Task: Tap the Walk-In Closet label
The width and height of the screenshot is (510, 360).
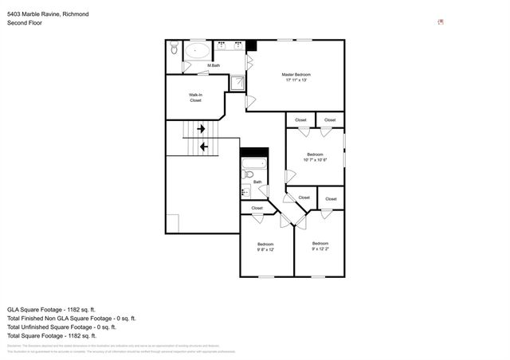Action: click(195, 98)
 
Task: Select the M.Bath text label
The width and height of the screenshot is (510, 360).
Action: click(214, 65)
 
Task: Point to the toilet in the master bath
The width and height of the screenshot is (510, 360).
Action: click(174, 50)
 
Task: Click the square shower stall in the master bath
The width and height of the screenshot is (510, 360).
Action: click(237, 82)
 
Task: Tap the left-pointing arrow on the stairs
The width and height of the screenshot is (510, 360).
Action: click(204, 147)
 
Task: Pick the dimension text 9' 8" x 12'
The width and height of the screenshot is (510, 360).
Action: click(265, 250)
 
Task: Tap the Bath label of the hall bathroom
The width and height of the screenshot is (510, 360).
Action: click(257, 182)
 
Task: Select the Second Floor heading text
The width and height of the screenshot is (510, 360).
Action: click(25, 23)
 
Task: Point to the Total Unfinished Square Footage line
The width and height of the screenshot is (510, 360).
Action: click(61, 327)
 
